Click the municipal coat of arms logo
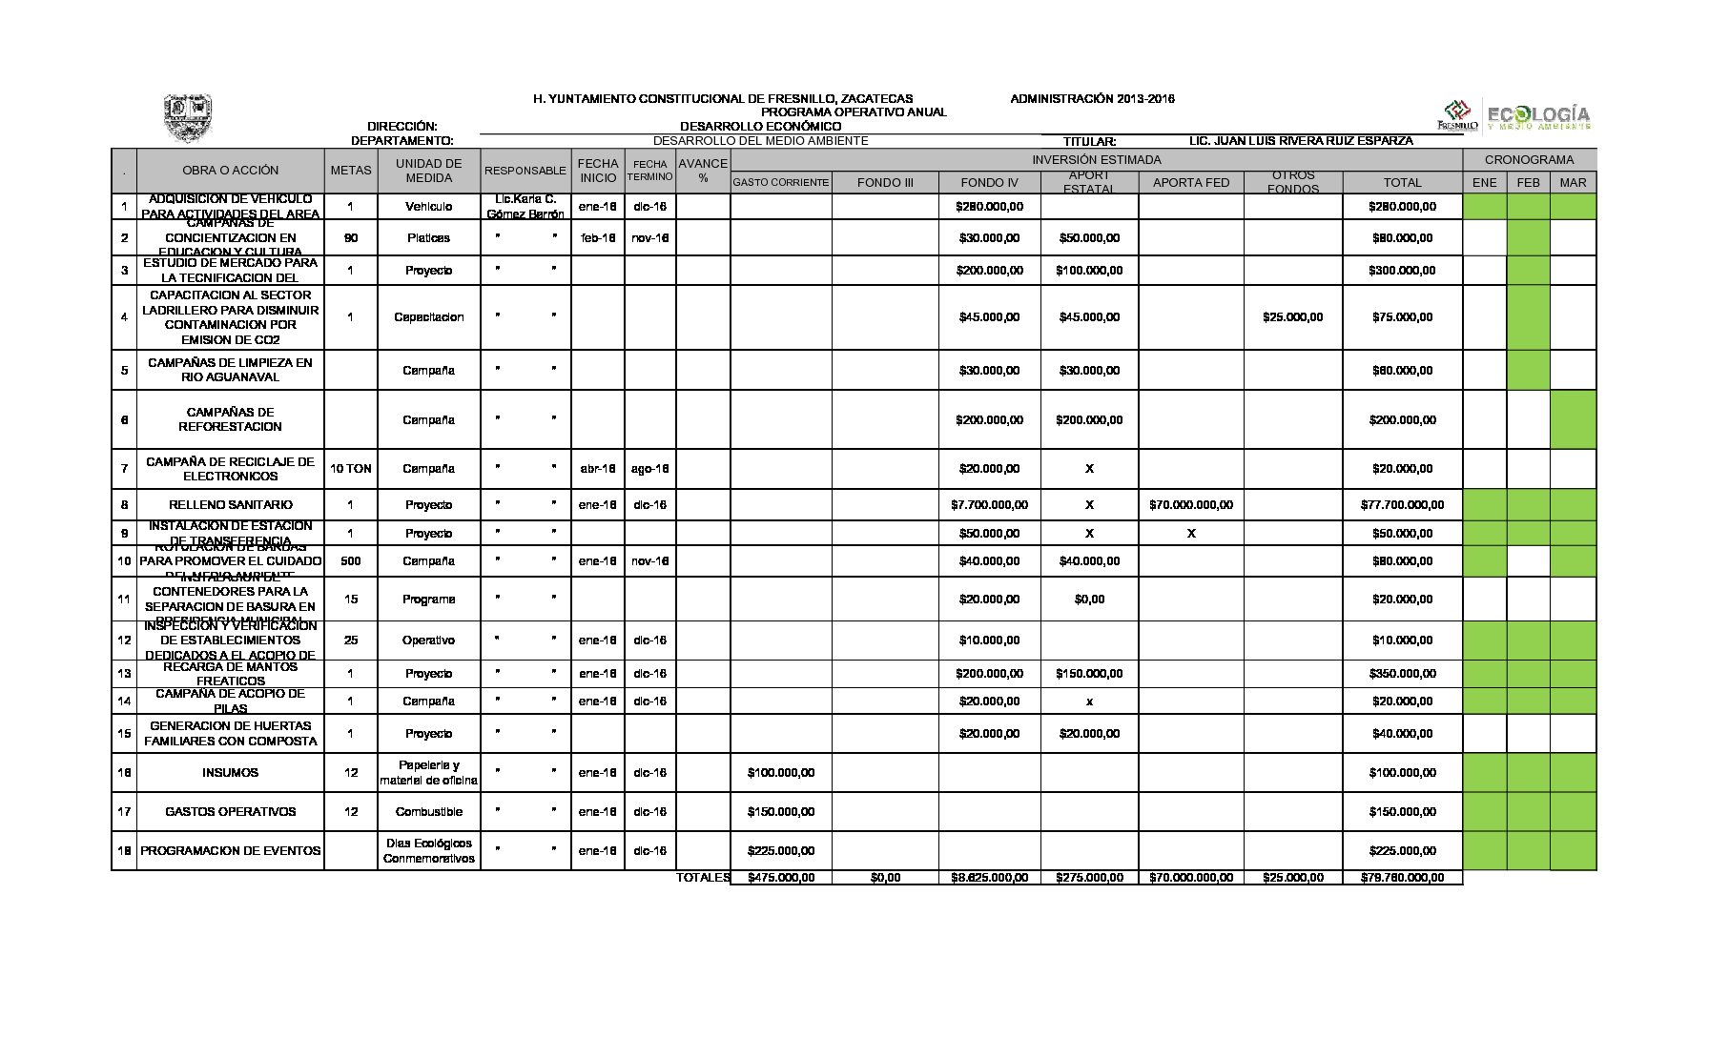pos(187,118)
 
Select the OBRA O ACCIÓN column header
pos(231,171)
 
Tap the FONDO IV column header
pos(989,182)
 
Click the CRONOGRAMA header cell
pos(1529,160)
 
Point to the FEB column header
pos(1528,182)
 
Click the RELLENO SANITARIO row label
pos(231,505)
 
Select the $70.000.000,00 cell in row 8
pos(1190,505)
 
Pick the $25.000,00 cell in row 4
pos(1292,317)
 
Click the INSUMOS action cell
pos(230,773)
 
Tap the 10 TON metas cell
pos(350,469)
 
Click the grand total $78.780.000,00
pos(1402,878)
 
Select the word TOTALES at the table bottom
pos(703,878)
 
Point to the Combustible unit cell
pos(428,812)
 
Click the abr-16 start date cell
pos(598,469)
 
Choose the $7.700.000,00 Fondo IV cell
pos(989,505)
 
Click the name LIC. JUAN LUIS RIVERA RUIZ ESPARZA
pos(1301,141)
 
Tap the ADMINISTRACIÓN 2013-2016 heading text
pos(1092,99)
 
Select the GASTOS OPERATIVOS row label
pos(231,812)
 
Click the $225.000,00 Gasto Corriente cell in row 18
pos(781,851)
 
